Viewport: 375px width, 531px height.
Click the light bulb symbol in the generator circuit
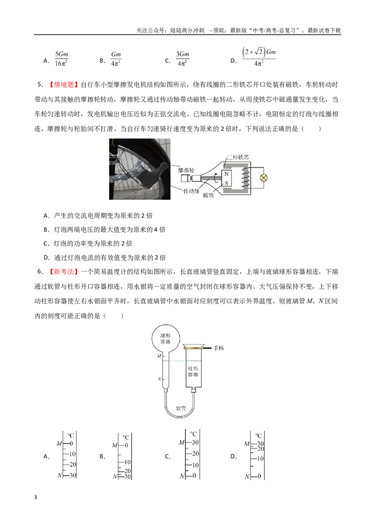(263, 178)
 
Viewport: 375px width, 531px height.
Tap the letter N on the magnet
(226, 174)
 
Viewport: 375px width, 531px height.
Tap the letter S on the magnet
(226, 183)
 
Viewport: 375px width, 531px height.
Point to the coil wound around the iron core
(246, 178)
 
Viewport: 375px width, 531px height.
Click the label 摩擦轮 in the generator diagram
(186, 170)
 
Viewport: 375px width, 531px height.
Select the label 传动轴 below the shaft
(191, 191)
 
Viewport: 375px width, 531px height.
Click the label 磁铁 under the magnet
(209, 196)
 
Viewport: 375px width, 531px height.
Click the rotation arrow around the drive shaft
(216, 178)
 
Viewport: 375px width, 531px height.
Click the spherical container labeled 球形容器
(165, 339)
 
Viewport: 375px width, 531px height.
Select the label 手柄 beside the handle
(218, 348)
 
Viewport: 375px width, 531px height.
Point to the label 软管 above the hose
(181, 409)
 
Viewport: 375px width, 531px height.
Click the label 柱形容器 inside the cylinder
(193, 372)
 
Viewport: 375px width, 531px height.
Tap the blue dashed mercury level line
(174, 361)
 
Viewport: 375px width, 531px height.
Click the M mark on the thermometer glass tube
(159, 356)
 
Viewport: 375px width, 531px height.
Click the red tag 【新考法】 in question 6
(63, 272)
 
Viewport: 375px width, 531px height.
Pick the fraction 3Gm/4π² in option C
(182, 59)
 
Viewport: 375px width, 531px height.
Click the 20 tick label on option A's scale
(73, 464)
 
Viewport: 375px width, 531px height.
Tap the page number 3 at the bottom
(36, 498)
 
